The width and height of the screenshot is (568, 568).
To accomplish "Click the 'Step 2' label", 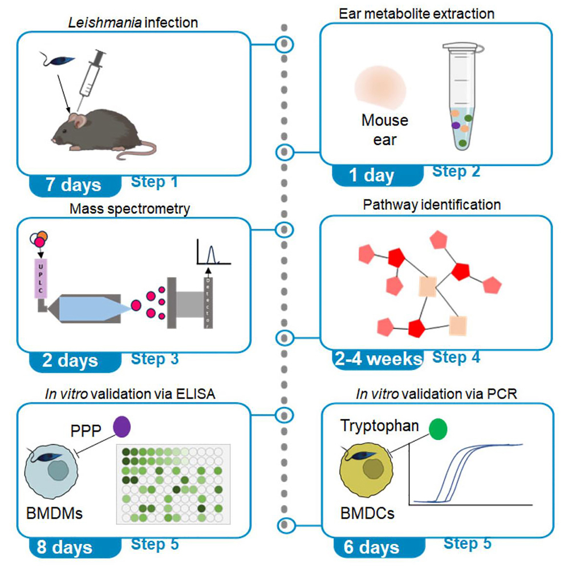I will click(x=456, y=171).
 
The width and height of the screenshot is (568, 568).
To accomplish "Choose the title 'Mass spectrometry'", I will click(x=129, y=209).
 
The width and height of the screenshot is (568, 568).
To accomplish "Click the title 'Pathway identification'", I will click(x=432, y=205).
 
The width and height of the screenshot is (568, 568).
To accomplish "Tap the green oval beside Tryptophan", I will click(x=438, y=429).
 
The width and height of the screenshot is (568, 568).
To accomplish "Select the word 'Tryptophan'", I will click(x=380, y=425).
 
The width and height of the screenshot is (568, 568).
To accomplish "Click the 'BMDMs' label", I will click(x=55, y=513).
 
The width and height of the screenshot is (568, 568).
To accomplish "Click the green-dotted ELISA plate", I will click(x=173, y=484).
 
